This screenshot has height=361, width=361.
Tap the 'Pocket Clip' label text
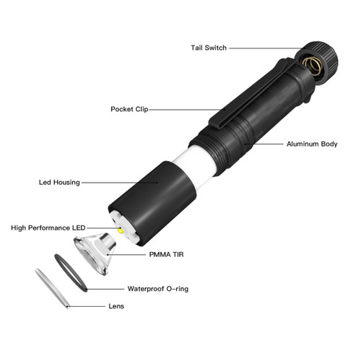[x=130, y=110]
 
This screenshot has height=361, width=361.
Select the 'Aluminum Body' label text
[x=312, y=144]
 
